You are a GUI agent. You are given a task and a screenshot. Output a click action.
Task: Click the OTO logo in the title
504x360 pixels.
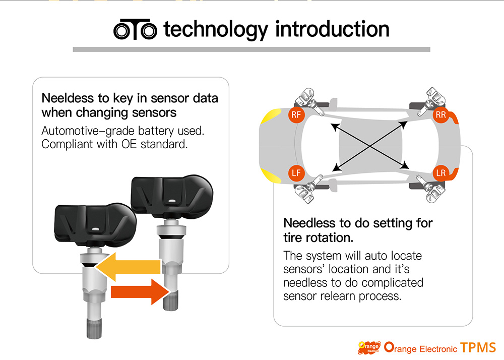pos(135,29)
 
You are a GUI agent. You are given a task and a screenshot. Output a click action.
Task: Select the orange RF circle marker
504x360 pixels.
pos(296,114)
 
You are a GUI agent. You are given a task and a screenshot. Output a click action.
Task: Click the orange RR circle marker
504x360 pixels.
pos(440,115)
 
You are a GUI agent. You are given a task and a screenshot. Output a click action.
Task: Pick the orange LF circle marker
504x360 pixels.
pos(296,173)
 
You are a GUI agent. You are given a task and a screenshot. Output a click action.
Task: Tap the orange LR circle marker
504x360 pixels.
pos(440,173)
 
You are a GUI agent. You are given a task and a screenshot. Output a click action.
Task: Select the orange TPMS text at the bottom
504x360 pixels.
pos(478,347)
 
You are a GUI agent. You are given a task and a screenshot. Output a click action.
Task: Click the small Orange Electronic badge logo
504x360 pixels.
pos(369,347)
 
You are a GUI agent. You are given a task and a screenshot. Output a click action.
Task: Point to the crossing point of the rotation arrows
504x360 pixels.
pos(370,146)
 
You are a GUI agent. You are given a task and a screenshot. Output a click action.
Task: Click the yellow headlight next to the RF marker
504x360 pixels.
pos(271,116)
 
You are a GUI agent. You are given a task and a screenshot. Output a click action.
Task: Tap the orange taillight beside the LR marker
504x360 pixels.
pos(454,173)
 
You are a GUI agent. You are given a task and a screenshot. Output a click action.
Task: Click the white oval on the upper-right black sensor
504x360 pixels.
pos(172,201)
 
